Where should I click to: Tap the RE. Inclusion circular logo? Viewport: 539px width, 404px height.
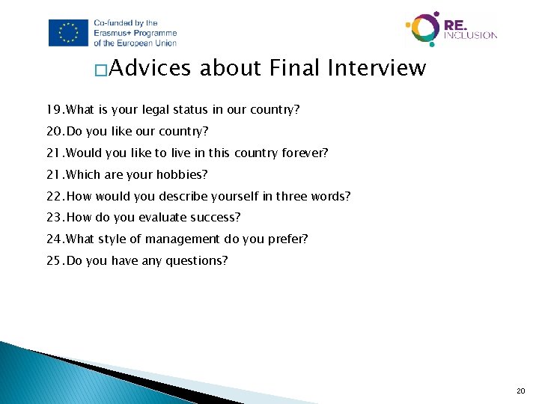(422, 28)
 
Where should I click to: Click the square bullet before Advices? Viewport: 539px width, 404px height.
(100, 71)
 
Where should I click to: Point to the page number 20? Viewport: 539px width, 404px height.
(521, 391)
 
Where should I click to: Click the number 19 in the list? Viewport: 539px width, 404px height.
(53, 110)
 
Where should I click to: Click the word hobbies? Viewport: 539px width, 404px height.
(183, 175)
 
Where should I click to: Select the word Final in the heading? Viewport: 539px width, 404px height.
(295, 69)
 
